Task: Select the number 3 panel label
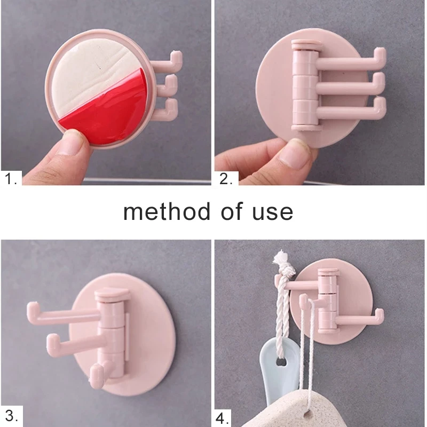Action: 12,415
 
